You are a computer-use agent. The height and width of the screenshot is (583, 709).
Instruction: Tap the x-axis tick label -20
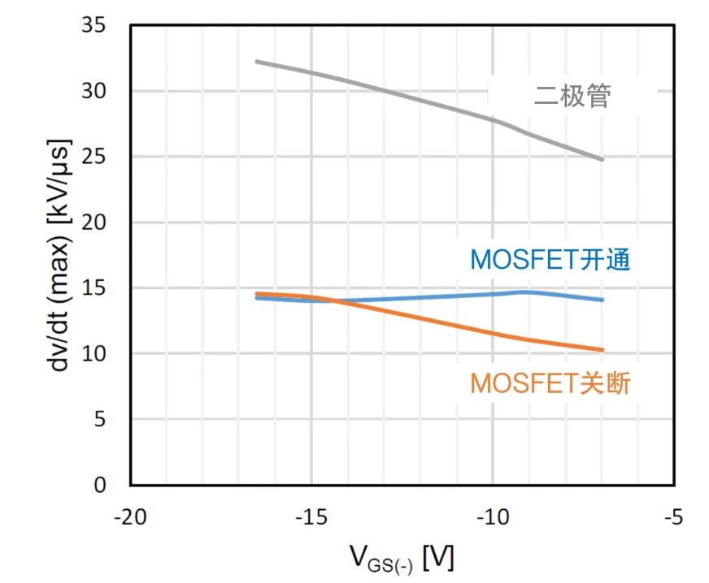click(130, 517)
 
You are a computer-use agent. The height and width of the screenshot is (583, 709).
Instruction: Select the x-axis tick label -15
click(311, 517)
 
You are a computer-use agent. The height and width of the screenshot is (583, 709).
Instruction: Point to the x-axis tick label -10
click(492, 517)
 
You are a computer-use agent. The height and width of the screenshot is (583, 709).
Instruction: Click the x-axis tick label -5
click(672, 517)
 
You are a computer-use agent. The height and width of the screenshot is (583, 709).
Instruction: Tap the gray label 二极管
click(572, 97)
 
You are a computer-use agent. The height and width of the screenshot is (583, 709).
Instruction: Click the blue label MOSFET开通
click(550, 261)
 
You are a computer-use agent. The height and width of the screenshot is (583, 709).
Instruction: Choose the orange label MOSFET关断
click(550, 383)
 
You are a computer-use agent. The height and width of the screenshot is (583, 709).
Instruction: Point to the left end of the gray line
click(256, 62)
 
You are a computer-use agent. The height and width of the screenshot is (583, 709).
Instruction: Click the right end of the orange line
click(602, 350)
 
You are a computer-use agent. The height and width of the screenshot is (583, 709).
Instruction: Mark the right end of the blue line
click(602, 300)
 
